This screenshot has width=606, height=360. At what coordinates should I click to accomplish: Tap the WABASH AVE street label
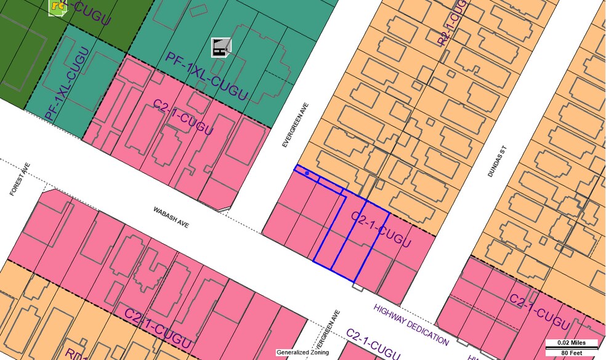(171, 218)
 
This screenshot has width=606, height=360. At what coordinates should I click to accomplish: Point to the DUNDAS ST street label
(496, 162)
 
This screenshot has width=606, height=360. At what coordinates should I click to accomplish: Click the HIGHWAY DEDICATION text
(411, 324)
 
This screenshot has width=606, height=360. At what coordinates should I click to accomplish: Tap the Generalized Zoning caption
(302, 353)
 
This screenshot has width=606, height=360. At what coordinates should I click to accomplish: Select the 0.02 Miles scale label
(572, 343)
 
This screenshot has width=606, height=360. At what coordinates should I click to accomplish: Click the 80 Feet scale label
(572, 352)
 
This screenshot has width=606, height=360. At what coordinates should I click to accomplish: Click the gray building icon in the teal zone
(220, 47)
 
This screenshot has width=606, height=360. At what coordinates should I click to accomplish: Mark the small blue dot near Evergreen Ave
(307, 174)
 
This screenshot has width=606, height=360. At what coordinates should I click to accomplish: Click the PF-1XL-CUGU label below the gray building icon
(206, 76)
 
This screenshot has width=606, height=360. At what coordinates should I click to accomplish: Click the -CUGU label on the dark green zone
(89, 14)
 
